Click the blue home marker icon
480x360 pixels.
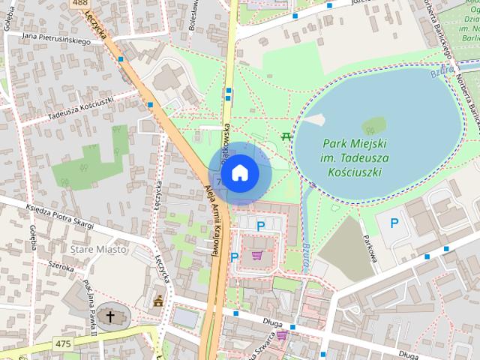(x=238, y=173)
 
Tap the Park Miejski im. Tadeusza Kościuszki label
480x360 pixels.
(x=354, y=157)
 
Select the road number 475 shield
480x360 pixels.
(x=64, y=343)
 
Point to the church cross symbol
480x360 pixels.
(x=110, y=316)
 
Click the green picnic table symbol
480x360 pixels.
(x=286, y=136)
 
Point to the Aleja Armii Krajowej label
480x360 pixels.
(x=212, y=223)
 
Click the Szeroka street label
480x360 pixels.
(x=61, y=265)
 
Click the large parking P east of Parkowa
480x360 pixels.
(x=394, y=223)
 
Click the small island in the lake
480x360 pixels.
(x=374, y=125)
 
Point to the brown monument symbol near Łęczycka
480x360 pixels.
(x=158, y=301)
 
